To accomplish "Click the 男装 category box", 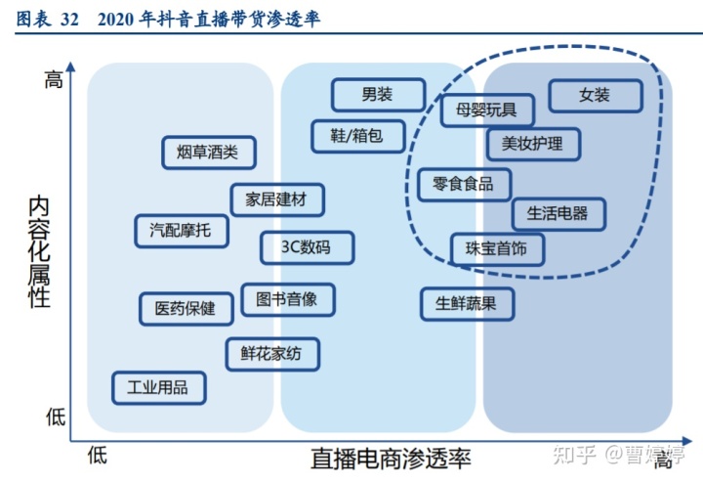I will (x=378, y=95).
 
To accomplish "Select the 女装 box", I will (x=595, y=95).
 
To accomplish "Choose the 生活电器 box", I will (x=558, y=212).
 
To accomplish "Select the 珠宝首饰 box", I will (x=497, y=249).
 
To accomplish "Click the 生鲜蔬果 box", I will (x=466, y=304).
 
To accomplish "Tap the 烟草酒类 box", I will (x=209, y=152).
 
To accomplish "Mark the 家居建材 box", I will (x=276, y=199).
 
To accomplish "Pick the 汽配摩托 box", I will (x=180, y=231).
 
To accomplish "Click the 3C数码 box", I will (x=307, y=247).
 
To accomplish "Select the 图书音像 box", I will (x=287, y=299).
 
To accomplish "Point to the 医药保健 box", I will (x=185, y=309).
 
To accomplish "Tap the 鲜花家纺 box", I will (x=272, y=355).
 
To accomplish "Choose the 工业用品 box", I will (x=158, y=387).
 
